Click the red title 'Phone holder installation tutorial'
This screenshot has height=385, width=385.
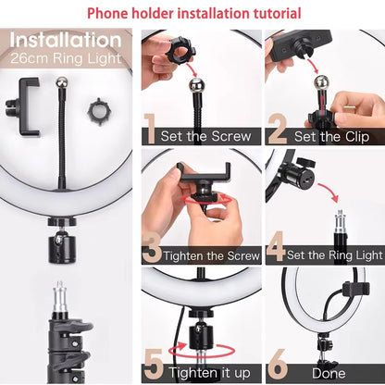[192, 13]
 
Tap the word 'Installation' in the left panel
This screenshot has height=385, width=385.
[66, 42]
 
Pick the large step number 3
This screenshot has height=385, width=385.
[153, 247]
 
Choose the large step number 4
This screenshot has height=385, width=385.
[275, 247]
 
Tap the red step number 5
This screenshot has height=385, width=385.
[153, 364]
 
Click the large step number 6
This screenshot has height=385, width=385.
[277, 364]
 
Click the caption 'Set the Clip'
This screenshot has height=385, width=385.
[331, 135]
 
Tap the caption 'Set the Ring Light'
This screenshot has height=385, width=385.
[334, 255]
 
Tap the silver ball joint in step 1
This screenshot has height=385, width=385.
[196, 86]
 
